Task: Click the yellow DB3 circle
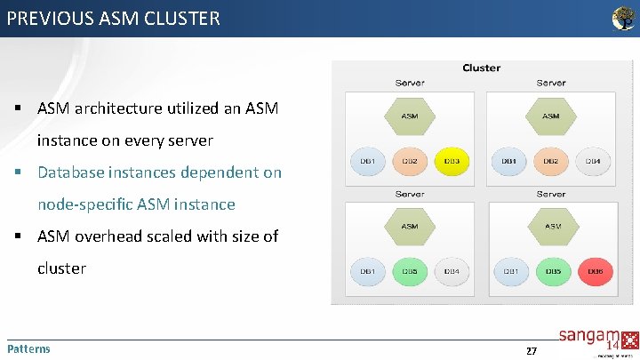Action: pyautogui.click(x=452, y=161)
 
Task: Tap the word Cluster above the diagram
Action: pyautogui.click(x=481, y=68)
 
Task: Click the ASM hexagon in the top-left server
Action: pyautogui.click(x=410, y=116)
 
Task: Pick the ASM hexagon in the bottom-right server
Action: pyautogui.click(x=552, y=227)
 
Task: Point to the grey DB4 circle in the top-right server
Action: pyautogui.click(x=593, y=161)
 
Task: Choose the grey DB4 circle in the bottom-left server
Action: pyautogui.click(x=452, y=271)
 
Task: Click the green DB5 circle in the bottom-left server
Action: pyautogui.click(x=410, y=271)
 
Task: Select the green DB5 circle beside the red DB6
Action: pyautogui.click(x=552, y=271)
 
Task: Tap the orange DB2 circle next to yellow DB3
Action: pyautogui.click(x=410, y=161)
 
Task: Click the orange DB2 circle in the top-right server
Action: pyautogui.click(x=551, y=161)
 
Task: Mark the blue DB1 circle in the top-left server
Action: pyautogui.click(x=367, y=161)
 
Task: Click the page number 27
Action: pyautogui.click(x=531, y=351)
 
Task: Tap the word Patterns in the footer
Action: pyautogui.click(x=28, y=348)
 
